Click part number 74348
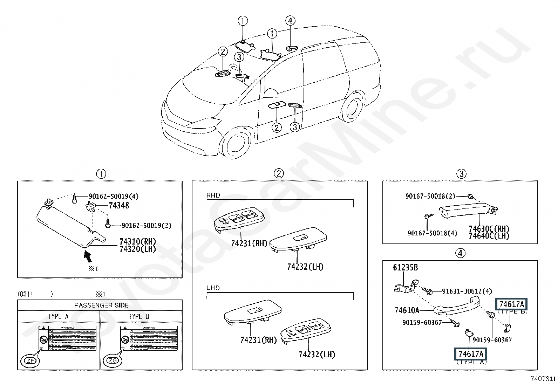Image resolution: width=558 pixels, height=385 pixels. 119,206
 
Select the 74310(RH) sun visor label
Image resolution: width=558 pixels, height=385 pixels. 138,242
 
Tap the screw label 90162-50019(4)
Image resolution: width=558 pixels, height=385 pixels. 113,197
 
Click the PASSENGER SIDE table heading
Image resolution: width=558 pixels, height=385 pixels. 101,305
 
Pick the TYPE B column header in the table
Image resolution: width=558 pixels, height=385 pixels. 139,317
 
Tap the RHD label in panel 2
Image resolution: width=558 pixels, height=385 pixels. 213,195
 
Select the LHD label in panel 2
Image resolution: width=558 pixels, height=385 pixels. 213,288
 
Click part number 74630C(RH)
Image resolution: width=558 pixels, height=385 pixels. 489,229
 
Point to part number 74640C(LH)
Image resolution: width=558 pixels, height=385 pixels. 489,236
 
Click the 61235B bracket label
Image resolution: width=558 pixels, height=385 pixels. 405,268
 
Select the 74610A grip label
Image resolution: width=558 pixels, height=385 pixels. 407,310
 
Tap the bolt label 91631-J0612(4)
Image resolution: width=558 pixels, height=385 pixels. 467,291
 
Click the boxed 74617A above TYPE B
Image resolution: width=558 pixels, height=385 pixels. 511,304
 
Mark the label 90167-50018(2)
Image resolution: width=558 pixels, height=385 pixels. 430,197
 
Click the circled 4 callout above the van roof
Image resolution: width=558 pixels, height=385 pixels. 290,21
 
